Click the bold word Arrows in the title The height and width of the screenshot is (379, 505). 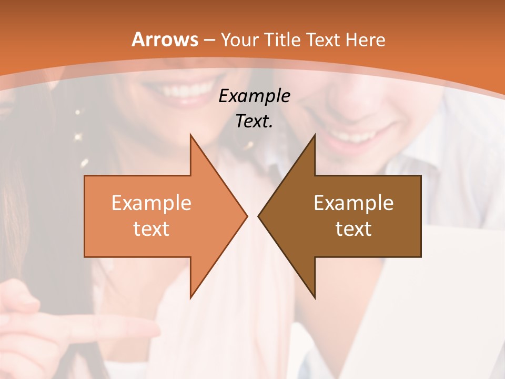[165, 39]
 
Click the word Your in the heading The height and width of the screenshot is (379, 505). [240, 39]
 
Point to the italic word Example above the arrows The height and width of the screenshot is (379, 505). [255, 96]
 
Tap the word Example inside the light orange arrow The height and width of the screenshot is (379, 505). [151, 203]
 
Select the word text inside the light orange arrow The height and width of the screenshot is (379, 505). [151, 228]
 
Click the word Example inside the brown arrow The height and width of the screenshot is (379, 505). [353, 203]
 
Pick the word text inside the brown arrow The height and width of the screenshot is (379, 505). [353, 228]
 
